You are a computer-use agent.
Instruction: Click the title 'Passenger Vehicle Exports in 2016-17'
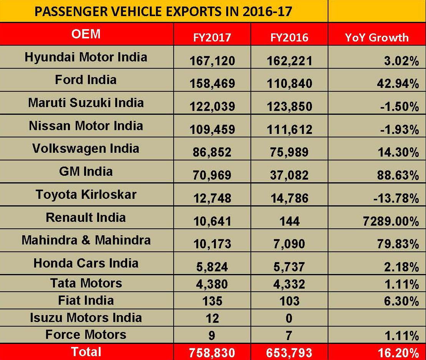(x=163, y=11)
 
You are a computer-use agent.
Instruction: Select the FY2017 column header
(x=212, y=37)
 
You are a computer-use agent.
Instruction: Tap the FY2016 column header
(x=289, y=37)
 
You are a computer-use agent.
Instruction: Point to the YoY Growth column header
(x=376, y=37)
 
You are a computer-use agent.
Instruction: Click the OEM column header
(x=86, y=34)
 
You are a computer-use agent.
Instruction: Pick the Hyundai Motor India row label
(x=86, y=57)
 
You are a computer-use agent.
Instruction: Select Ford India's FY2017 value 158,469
(x=212, y=83)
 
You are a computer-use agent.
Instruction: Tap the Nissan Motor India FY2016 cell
(x=289, y=129)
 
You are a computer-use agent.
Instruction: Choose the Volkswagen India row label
(x=86, y=149)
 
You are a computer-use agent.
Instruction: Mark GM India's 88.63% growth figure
(x=398, y=175)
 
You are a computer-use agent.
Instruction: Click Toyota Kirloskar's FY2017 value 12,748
(x=212, y=198)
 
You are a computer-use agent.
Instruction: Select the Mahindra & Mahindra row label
(x=86, y=240)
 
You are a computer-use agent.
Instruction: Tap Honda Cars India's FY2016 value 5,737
(x=289, y=267)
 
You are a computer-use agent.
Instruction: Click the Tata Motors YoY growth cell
(x=401, y=284)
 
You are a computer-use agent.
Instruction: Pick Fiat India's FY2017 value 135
(x=212, y=301)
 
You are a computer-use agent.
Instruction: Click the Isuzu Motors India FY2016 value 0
(x=289, y=318)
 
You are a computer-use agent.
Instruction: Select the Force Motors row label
(x=86, y=335)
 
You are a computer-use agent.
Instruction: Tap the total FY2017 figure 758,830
(x=212, y=352)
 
